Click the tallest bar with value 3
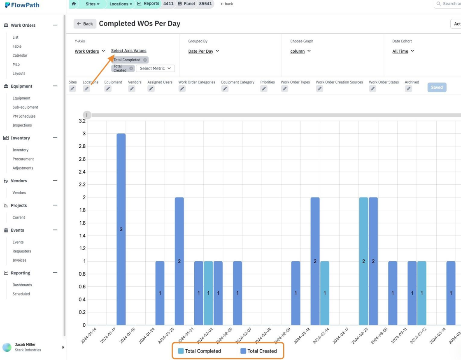click(x=121, y=229)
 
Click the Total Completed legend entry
click(x=199, y=351)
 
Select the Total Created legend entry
click(x=259, y=351)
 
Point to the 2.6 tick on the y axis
click(x=82, y=159)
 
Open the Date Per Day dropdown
click(x=204, y=51)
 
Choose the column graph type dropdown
click(x=300, y=51)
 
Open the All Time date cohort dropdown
click(x=403, y=51)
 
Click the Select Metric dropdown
click(x=155, y=68)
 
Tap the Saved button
click(x=437, y=87)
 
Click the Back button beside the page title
click(x=85, y=24)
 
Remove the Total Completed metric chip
click(x=145, y=60)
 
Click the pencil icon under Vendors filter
click(x=132, y=89)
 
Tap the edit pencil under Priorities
click(x=264, y=89)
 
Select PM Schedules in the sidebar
click(x=24, y=116)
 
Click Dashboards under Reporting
click(x=22, y=285)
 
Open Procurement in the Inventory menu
click(x=23, y=159)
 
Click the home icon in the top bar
click(x=74, y=4)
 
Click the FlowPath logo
click(x=22, y=5)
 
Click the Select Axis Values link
click(x=129, y=51)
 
